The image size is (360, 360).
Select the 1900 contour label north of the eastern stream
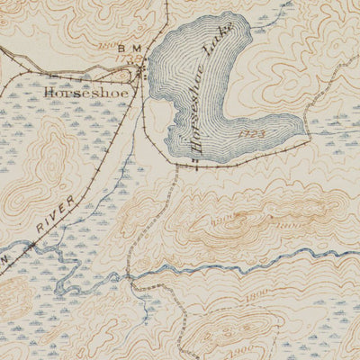coord(224,218)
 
